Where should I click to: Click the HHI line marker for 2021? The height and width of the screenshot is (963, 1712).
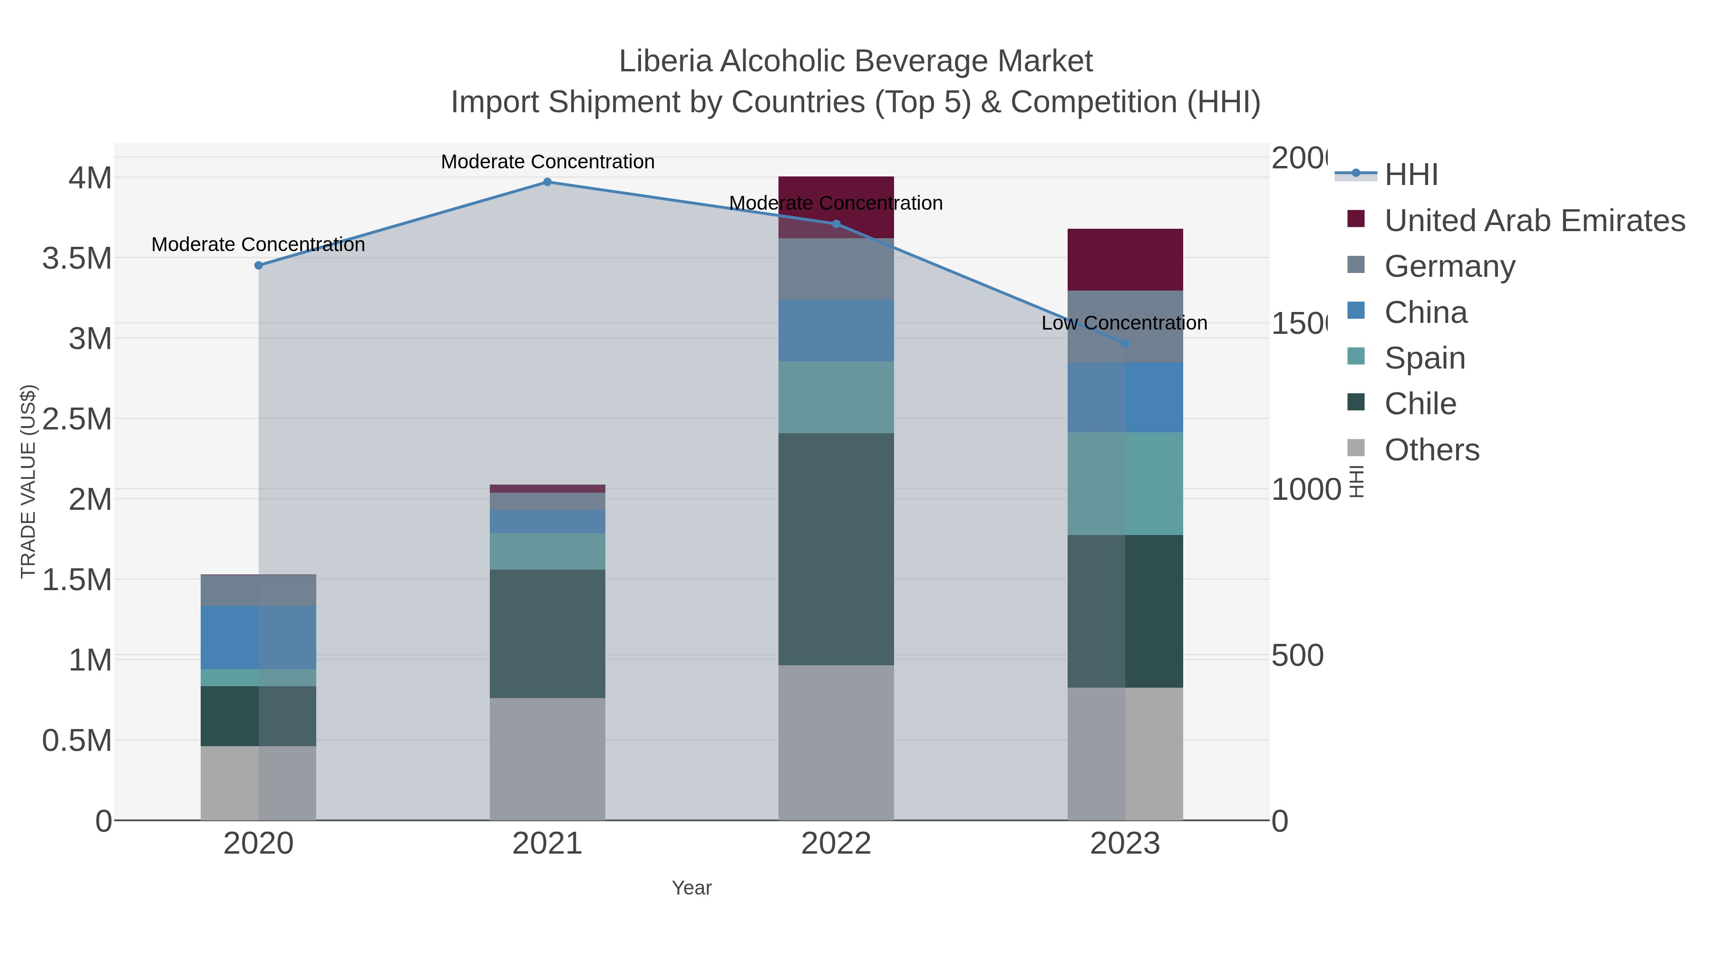click(x=547, y=182)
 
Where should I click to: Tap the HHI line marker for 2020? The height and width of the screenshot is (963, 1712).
click(x=259, y=265)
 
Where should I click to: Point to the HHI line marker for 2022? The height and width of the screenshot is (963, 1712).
click(x=836, y=224)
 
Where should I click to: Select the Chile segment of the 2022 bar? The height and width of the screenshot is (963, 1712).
click(x=836, y=549)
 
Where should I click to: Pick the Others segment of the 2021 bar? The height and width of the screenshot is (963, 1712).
click(x=547, y=759)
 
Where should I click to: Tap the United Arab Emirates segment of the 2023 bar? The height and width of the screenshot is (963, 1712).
click(x=1125, y=259)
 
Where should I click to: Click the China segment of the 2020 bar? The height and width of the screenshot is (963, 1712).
click(x=259, y=637)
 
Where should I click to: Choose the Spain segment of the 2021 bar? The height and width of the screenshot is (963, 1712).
click(x=547, y=551)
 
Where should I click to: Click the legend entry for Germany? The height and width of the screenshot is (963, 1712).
click(x=1449, y=266)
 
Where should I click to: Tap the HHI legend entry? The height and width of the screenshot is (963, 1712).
click(x=1410, y=175)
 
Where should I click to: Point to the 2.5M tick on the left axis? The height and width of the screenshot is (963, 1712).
click(x=77, y=418)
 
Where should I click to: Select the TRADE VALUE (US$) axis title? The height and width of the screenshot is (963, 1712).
click(x=28, y=481)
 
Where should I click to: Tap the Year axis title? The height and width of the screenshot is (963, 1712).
click(x=691, y=888)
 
